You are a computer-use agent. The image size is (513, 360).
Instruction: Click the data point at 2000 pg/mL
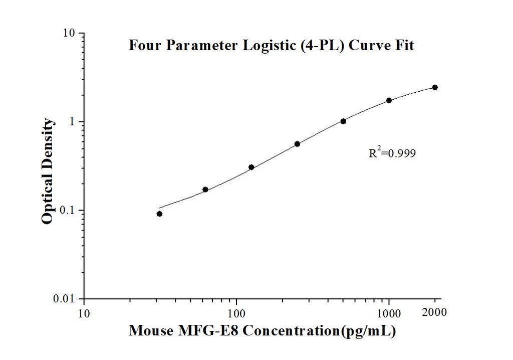435,87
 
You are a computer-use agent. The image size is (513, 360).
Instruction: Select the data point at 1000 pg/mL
389,100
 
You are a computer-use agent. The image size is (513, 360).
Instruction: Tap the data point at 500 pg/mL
343,121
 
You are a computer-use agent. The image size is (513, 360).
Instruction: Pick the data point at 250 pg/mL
297,144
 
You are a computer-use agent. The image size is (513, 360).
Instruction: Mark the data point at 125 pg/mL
251,167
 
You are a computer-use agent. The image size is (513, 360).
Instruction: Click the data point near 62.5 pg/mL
205,190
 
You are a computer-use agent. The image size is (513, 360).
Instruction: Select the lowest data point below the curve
159,214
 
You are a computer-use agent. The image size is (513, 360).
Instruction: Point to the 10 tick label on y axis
69,34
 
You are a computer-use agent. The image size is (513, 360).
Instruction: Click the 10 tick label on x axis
84,314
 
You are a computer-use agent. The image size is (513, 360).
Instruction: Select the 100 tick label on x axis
236,314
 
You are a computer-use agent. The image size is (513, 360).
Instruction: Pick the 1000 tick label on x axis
389,314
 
